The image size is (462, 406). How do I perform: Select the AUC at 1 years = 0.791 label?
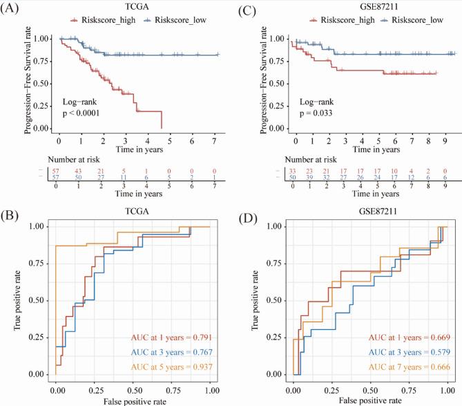pyautogui.click(x=173, y=337)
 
